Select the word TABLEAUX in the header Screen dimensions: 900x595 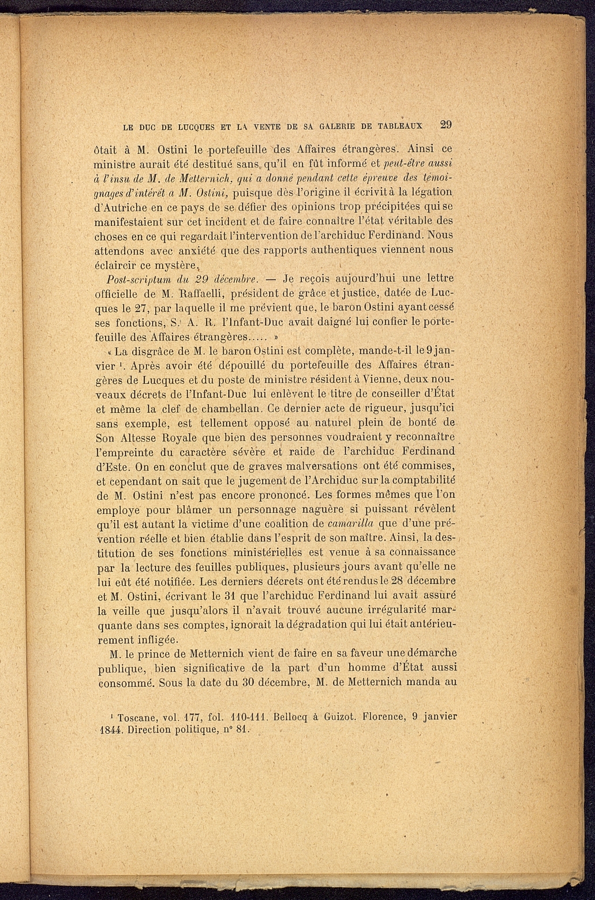pyautogui.click(x=401, y=126)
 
